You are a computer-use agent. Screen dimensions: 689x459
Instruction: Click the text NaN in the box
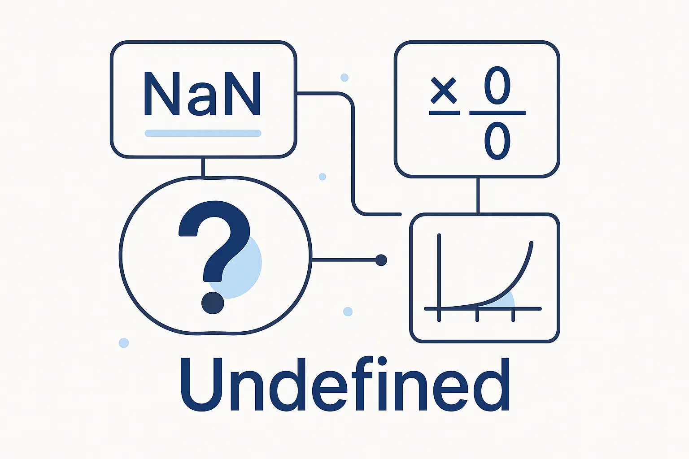coord(203,94)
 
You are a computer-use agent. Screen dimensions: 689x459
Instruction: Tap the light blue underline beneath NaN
coord(203,133)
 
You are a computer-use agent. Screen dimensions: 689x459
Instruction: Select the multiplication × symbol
coord(444,91)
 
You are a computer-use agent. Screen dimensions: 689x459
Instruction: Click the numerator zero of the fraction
coord(497,86)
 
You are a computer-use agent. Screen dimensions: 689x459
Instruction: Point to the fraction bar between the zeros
coord(497,113)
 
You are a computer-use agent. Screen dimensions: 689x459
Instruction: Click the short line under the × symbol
coord(445,113)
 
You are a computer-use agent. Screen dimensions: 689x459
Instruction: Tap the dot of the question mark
coord(213,303)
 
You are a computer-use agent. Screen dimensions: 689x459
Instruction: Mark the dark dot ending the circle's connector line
coord(381,260)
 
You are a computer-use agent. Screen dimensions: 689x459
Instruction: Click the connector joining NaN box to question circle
coord(203,167)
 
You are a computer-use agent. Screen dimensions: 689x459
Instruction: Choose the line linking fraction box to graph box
coord(478,195)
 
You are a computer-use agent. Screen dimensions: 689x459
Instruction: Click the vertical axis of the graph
coord(439,277)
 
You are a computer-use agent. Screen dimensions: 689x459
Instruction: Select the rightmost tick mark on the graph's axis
coord(513,316)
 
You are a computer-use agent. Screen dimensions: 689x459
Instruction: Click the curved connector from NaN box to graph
coord(353,154)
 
